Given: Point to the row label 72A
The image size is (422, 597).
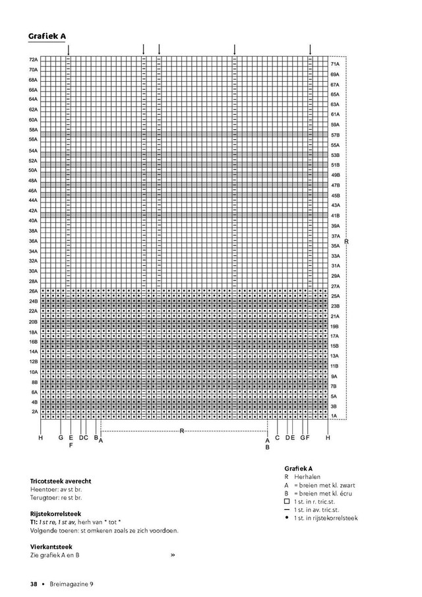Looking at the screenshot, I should (32, 59).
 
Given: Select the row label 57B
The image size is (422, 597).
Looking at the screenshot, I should (335, 135).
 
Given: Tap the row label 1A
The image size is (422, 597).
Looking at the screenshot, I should (334, 416).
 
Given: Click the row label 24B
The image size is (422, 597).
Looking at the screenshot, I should (33, 301).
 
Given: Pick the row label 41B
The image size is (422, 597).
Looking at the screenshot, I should (335, 216).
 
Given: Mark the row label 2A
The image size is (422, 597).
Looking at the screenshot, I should (34, 412).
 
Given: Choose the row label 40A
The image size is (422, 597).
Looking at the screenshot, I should (33, 220).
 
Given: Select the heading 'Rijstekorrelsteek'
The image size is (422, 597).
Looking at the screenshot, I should (55, 513).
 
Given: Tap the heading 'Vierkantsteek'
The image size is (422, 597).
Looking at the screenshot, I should (51, 546).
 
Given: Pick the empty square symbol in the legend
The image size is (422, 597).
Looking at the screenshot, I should (287, 501).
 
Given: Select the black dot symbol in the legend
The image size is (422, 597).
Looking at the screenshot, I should (287, 518).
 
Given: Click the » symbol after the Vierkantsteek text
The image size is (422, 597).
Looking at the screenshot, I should (173, 555).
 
